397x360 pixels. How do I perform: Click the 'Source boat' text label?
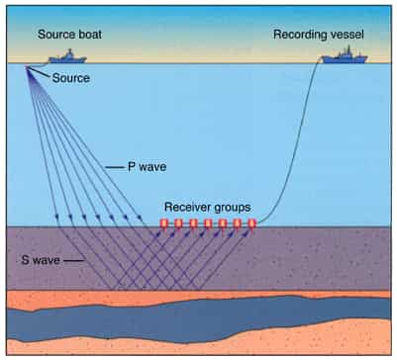pyautogui.click(x=69, y=34)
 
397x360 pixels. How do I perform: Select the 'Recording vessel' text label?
pyautogui.click(x=319, y=34)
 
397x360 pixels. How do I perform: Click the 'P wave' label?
pyautogui.click(x=147, y=166)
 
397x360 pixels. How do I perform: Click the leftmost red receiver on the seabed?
pyautogui.click(x=164, y=224)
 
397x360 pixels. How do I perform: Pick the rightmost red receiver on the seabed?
pyautogui.click(x=251, y=224)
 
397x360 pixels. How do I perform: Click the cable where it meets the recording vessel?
pyautogui.click(x=323, y=60)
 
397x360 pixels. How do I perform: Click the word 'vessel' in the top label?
pyautogui.click(x=346, y=34)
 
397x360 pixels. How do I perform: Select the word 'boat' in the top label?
pyautogui.click(x=88, y=34)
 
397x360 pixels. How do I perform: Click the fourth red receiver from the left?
pyautogui.click(x=208, y=224)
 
